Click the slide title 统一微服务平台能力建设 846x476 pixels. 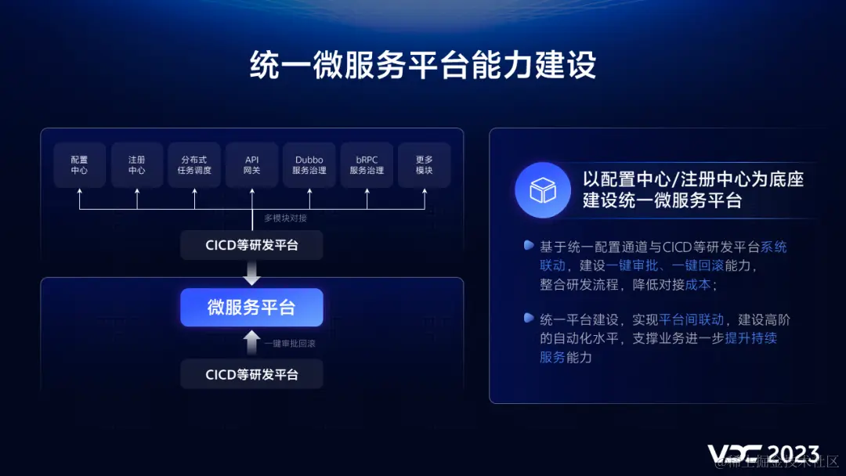tap(423, 66)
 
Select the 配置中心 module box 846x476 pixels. tap(79, 164)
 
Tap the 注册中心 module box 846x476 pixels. tap(137, 164)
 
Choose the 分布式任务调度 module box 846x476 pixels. tap(194, 164)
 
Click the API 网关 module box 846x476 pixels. tap(251, 164)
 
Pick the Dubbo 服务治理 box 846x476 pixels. tap(309, 164)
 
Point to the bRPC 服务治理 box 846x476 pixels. tap(367, 164)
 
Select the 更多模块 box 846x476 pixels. tap(425, 164)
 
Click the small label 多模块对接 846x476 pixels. tap(285, 218)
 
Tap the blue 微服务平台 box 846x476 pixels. tap(251, 308)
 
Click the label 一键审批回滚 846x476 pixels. tap(290, 344)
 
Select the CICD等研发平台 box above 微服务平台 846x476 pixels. tap(251, 245)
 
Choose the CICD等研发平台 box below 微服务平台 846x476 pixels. tap(251, 374)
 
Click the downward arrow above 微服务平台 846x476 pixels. tap(251, 273)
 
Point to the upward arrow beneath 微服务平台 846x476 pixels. tap(251, 342)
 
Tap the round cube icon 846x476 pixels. tap(543, 190)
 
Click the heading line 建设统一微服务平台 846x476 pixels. tap(662, 200)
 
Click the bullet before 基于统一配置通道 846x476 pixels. tap(529, 246)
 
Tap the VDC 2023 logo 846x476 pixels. tap(764, 454)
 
